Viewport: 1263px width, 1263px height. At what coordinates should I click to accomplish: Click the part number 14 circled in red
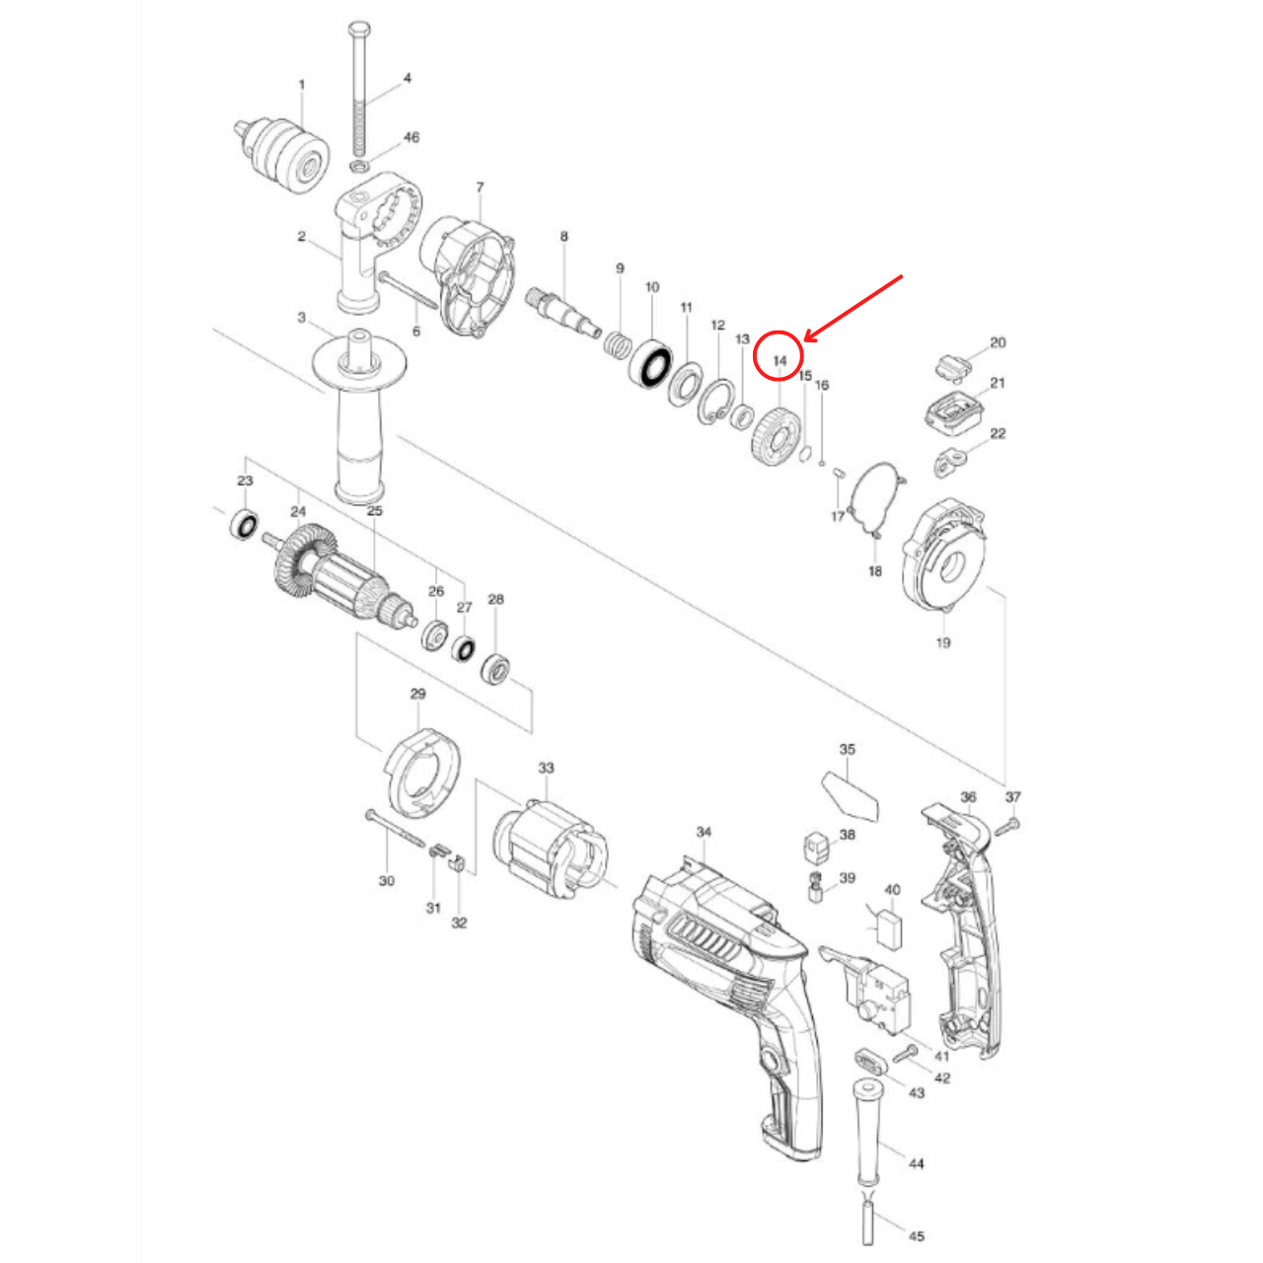pos(780,360)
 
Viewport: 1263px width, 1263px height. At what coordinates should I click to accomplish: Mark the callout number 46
pos(411,137)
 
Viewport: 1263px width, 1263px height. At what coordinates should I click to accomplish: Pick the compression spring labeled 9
pos(618,346)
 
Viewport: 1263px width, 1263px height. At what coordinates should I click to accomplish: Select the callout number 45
pos(917,1236)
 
